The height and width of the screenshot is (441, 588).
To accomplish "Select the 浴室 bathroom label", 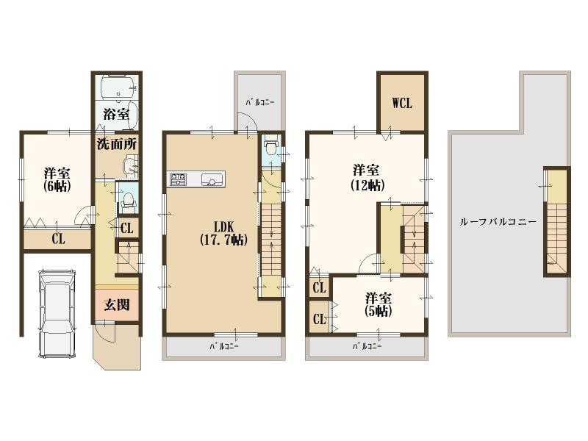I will point(116,114).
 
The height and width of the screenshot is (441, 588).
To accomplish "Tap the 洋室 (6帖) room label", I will point(57,179).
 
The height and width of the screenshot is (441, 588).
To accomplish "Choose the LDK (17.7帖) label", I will point(222,232).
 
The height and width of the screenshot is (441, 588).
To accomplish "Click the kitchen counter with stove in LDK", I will point(198,179).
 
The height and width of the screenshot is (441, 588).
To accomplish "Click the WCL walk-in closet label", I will point(401,102).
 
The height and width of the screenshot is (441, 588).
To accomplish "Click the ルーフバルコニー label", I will point(498,221).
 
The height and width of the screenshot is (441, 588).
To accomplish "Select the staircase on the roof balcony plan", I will point(556,222).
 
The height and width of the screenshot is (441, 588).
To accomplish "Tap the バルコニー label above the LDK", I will point(258,102).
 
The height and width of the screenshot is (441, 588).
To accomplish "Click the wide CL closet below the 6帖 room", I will point(57,238).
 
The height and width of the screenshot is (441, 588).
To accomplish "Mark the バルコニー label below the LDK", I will point(223,345).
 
